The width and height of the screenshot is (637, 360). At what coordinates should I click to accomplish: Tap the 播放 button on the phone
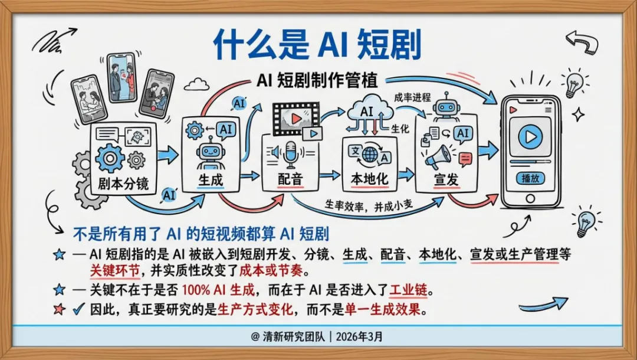tap(530, 178)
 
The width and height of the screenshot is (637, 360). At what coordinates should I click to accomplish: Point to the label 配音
tap(290, 179)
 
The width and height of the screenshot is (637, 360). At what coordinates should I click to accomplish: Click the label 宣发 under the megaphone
tap(445, 180)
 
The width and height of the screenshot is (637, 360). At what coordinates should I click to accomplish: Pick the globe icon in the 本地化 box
tap(370, 155)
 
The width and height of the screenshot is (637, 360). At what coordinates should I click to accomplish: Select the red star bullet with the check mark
tap(59, 309)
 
